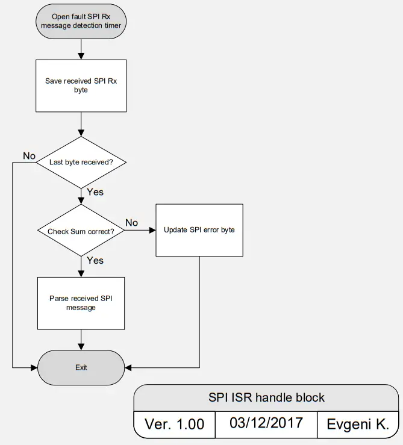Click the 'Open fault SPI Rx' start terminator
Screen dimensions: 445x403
81,22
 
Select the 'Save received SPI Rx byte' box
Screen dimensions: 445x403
81,86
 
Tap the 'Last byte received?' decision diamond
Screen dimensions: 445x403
81,162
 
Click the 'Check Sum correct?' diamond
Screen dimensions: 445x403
81,231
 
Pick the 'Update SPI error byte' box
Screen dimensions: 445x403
199,230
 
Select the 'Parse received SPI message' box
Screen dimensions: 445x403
81,303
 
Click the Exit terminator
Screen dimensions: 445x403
81,367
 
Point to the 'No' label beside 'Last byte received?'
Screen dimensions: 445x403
29,156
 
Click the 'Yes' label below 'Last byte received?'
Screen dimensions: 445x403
95,192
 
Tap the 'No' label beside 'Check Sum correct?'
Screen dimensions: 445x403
131,223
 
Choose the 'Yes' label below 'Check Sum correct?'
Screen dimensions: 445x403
95,260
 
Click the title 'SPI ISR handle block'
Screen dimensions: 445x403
266,397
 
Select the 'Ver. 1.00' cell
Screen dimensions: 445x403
174,425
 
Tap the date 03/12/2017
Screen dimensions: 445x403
266,422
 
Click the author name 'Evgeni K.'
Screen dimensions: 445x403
358,425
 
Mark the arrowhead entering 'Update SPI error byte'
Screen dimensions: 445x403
152,231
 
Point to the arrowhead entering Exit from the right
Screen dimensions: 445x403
128,367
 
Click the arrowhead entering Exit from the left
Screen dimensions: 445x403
34,367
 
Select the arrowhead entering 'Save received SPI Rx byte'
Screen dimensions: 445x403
81,56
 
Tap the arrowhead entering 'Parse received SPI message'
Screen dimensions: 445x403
81,273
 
